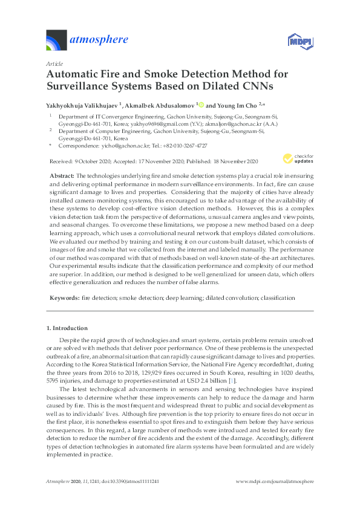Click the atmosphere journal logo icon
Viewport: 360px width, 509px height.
(58, 41)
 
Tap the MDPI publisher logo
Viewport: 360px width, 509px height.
(298, 41)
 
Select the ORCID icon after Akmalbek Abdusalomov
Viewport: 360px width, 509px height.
(201, 104)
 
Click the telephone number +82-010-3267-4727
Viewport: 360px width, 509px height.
(180, 146)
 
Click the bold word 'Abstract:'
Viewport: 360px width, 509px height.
(63, 175)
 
